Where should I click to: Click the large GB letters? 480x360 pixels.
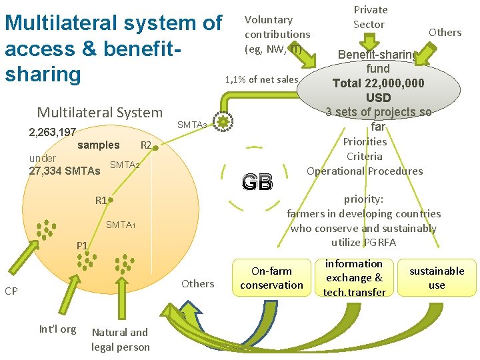[x=257, y=182]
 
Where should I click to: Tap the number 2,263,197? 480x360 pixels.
[x=53, y=132]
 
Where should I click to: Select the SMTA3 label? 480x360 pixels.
[x=193, y=124]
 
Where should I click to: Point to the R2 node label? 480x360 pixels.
[x=145, y=145]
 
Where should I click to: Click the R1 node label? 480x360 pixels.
[x=101, y=200]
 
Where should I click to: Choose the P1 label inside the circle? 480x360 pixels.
[x=81, y=246]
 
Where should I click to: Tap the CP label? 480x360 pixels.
[x=11, y=291]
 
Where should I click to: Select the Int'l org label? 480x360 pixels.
[x=57, y=329]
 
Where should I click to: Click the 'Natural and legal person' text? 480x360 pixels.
[x=121, y=339]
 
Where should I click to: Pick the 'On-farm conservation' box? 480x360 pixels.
[x=271, y=278]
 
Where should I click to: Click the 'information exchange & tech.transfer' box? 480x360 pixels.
[x=354, y=278]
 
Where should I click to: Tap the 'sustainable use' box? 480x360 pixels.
[x=437, y=278]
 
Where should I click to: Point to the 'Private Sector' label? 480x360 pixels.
[x=370, y=17]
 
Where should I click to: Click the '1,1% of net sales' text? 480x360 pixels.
[x=261, y=79]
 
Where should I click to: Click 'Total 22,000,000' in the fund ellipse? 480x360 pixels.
[x=379, y=83]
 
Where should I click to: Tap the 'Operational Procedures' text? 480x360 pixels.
[x=365, y=171]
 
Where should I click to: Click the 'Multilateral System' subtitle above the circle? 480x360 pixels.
[x=99, y=113]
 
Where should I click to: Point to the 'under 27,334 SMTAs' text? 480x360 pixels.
[x=65, y=165]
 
